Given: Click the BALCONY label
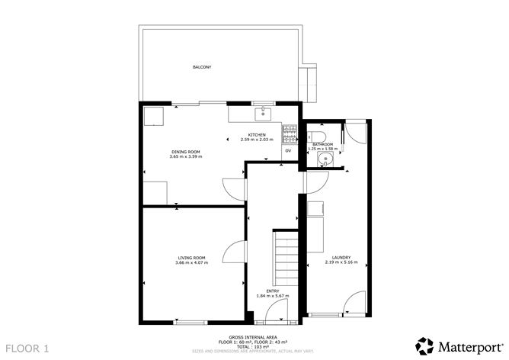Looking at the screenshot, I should pos(201,68).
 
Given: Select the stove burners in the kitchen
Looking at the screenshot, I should pos(289,134).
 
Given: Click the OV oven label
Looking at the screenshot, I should pos(288,151).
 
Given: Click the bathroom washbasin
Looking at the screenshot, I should pos(325,159).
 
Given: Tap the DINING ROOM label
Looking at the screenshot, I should pos(185,151).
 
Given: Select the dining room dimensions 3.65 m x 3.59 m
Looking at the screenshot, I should pos(185,156).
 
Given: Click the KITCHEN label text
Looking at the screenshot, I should pos(256,135).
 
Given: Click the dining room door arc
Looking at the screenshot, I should pos(232,189).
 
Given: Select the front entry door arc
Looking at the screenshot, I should pos(280,307).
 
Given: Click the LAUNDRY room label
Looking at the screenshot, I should pos(339,257).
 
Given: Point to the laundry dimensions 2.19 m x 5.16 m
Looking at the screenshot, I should pos(339,262).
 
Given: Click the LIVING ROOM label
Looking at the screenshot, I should pos(191,258).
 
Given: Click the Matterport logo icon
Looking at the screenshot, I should pos(423,344).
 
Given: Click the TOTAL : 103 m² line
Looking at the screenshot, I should pos(255,347).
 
